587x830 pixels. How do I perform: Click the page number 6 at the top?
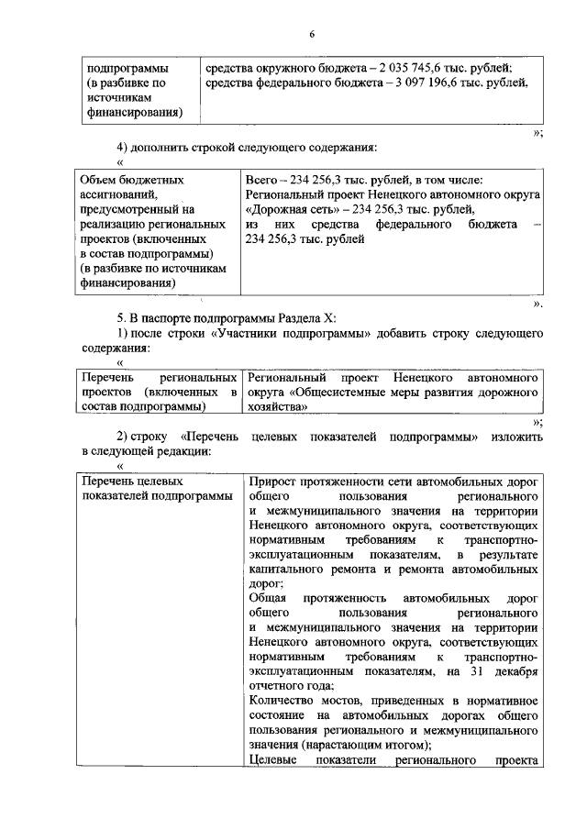pos(311,34)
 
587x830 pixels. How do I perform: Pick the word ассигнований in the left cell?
pos(117,194)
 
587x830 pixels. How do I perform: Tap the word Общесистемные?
pos(344,392)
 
